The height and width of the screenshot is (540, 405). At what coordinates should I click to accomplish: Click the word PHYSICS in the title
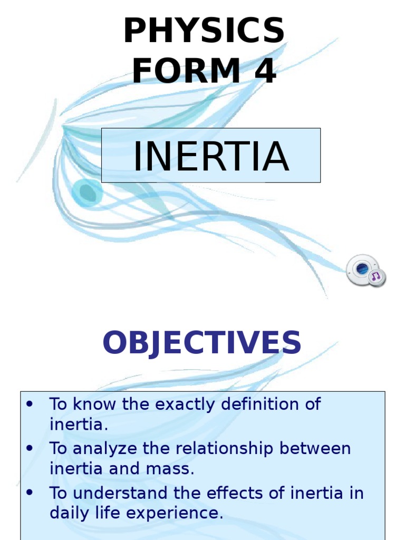coord(204,31)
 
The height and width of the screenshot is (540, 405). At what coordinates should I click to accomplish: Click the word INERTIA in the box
coord(211,156)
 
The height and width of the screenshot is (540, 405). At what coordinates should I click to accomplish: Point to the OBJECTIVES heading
coord(202,343)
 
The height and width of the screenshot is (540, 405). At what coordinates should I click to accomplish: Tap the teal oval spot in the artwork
coord(88,193)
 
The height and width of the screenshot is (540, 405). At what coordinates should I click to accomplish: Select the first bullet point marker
coord(30,404)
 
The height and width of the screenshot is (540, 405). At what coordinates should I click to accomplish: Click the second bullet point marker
coord(30,449)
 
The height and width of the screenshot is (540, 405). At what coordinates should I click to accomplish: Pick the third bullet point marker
coord(30,493)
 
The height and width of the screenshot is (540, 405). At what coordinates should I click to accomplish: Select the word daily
coord(66,513)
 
